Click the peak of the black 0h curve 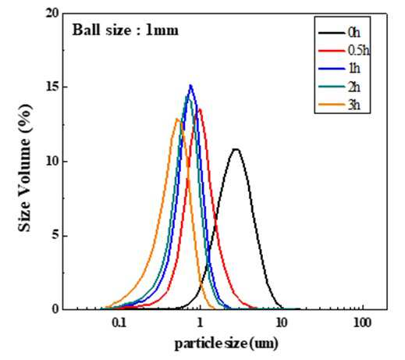236,149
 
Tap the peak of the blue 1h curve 190,85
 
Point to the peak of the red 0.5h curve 200,109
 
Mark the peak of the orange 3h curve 177,119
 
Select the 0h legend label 354,33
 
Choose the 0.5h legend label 359,51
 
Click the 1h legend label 354,69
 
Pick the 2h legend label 354,87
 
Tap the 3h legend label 354,105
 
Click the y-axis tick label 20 52,13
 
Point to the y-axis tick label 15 52,87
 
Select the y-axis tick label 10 52,161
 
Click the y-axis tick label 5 55,236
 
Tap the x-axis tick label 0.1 119,323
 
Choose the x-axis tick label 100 363,323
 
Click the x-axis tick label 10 281,323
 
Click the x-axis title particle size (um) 226,344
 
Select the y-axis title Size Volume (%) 25,168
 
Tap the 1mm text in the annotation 162,30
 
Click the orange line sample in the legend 332,105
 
